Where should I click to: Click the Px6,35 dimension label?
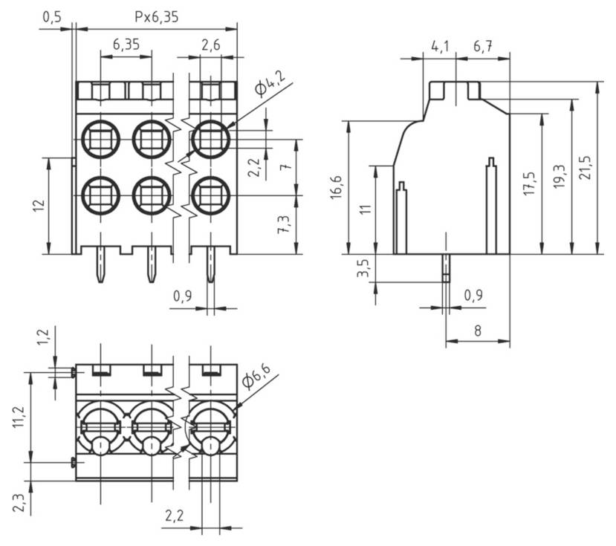pyautogui.click(x=157, y=16)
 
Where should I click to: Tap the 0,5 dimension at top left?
pyautogui.click(x=52, y=16)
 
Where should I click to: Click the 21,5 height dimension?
pyautogui.click(x=586, y=170)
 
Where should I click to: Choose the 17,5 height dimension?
pyautogui.click(x=529, y=184)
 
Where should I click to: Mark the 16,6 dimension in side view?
pyautogui.click(x=337, y=187)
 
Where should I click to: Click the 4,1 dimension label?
pyautogui.click(x=440, y=47)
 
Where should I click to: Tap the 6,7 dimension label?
pyautogui.click(x=482, y=47)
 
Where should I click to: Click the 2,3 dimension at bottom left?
pyautogui.click(x=19, y=503)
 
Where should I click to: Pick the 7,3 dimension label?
pyautogui.click(x=283, y=225)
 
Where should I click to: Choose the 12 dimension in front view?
pyautogui.click(x=36, y=206)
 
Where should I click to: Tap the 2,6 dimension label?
pyautogui.click(x=210, y=45)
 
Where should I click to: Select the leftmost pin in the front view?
pyautogui.click(x=101, y=264)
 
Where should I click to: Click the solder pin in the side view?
pyautogui.click(x=445, y=268)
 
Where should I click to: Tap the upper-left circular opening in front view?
pyautogui.click(x=100, y=137)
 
